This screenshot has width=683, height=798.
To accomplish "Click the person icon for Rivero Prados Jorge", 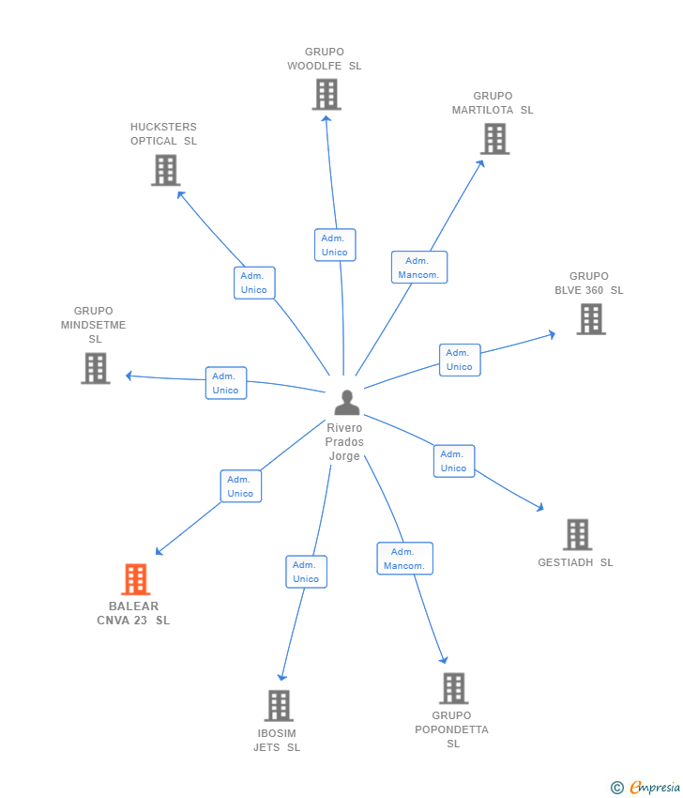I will (x=347, y=402).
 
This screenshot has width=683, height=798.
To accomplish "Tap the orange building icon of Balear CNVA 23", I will (x=136, y=579).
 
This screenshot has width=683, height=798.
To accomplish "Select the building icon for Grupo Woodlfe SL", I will (x=326, y=94).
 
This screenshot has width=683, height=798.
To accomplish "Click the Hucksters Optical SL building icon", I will (x=165, y=170).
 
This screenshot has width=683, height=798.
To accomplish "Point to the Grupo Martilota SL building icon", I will (x=494, y=138).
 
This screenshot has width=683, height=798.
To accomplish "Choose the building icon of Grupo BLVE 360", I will (x=591, y=319).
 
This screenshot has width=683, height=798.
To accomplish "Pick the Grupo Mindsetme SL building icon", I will (x=96, y=368).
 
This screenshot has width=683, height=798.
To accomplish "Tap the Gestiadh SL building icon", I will (x=577, y=534).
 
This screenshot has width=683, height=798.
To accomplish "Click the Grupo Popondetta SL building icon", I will (x=453, y=688).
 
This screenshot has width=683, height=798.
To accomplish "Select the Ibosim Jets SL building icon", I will (x=279, y=705).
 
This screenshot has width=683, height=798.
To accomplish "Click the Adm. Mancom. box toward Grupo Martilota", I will (x=418, y=268).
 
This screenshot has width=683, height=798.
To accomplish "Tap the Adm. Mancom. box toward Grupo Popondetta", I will (x=404, y=559).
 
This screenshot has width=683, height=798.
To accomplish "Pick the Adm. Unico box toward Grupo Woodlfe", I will (x=335, y=245).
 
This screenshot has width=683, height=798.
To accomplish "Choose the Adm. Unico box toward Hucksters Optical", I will (x=254, y=283).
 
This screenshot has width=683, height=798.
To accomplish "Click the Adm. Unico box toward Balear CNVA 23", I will (x=241, y=486).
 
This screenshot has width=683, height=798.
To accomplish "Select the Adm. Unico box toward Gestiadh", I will (x=454, y=461).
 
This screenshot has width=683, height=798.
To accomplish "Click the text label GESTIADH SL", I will (x=575, y=563).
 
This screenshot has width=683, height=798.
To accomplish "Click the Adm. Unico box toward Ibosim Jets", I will (x=306, y=572).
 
